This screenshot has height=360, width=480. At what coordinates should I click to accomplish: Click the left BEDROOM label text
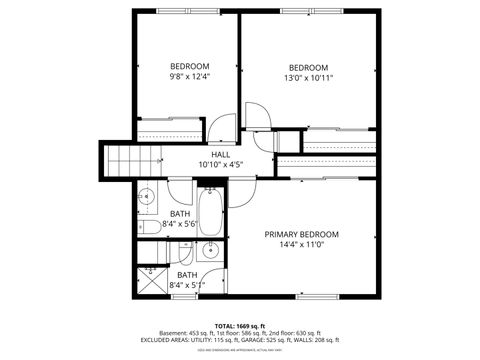pos(189,66)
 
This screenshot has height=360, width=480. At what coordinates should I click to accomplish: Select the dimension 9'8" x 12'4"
pos(189,76)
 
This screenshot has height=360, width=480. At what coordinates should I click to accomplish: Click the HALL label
pos(221,154)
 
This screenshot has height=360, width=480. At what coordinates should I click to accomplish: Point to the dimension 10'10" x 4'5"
pos(221,164)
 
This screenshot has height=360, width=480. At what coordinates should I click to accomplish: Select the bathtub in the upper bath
pos(211,211)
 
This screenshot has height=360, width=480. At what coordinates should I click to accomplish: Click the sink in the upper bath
pos(145,197)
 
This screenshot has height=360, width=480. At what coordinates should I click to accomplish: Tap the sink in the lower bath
pos(211,251)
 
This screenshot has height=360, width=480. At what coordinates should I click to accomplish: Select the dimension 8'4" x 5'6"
pos(181,225)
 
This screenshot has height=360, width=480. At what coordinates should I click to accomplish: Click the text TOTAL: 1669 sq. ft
pos(240,325)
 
